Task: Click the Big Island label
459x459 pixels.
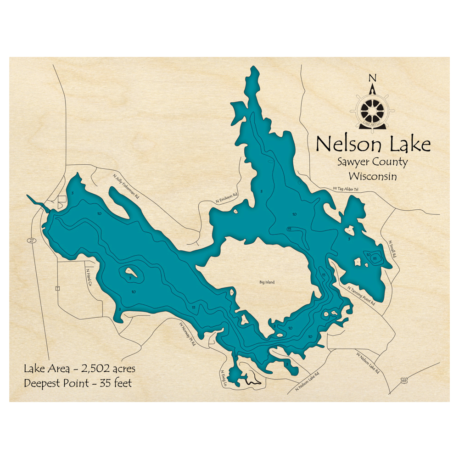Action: point(266,282)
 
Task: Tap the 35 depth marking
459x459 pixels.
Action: point(375,258)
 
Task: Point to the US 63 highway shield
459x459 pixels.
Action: point(403,381)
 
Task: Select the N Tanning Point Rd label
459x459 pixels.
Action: point(361,296)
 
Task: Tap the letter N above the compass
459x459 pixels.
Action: point(372,78)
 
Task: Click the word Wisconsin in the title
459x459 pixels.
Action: point(372,176)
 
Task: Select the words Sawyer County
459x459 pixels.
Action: point(372,162)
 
